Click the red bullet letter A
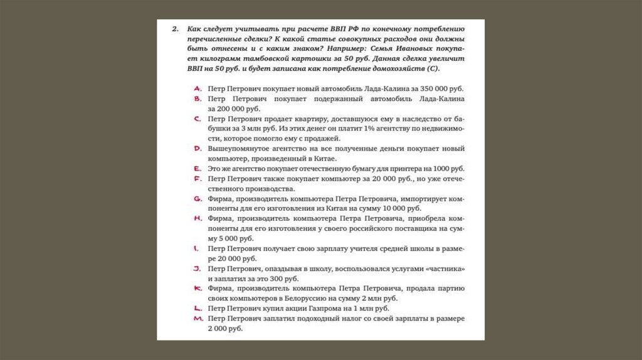tap(197, 88)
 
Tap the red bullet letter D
tap(197, 149)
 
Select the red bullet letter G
tap(197, 198)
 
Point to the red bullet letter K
tap(197, 288)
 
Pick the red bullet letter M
tap(197, 319)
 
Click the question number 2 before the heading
tap(176, 29)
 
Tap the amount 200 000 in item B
tap(229, 109)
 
